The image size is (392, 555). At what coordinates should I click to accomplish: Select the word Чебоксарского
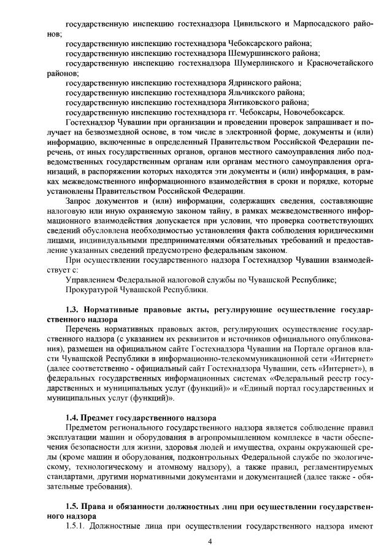[255, 44]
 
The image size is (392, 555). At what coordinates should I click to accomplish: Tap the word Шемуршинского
[256, 53]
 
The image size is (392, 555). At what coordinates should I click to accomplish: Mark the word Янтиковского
[252, 102]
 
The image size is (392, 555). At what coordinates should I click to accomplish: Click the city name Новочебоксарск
[316, 111]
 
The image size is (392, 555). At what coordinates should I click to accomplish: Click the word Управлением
[91, 279]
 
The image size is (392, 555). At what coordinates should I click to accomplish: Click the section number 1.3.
[72, 309]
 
